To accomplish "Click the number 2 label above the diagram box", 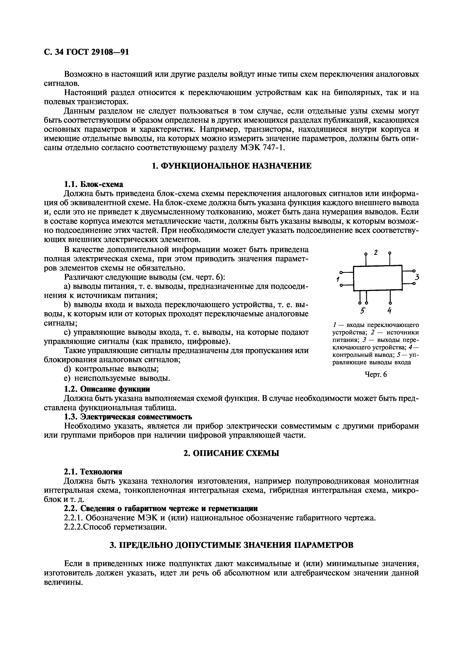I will (376, 252).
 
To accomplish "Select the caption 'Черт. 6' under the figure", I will (376, 375).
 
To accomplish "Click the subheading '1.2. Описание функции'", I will (107, 389).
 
